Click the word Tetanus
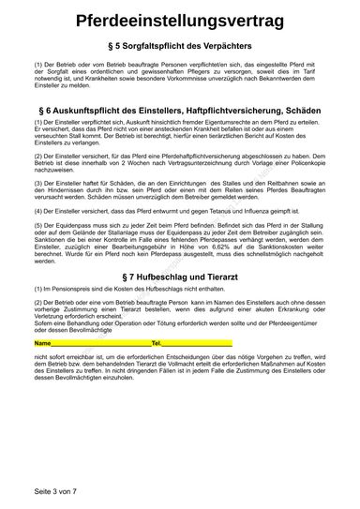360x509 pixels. (252, 213)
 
